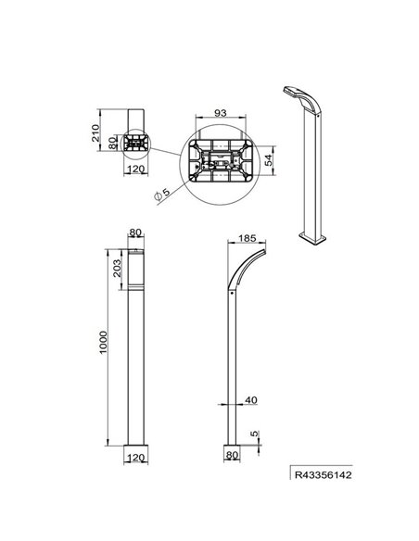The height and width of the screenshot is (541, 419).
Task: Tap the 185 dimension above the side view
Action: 248,238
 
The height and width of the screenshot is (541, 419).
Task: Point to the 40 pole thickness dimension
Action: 250,399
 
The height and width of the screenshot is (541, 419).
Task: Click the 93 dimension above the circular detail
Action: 219,113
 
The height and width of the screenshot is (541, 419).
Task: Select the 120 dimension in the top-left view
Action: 135,170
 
